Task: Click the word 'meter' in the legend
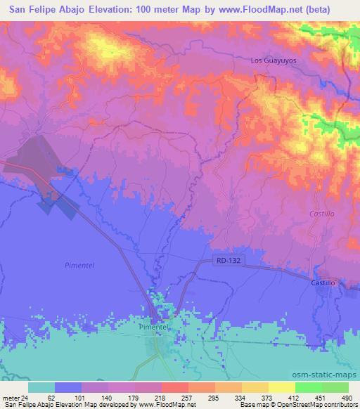[10, 397]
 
